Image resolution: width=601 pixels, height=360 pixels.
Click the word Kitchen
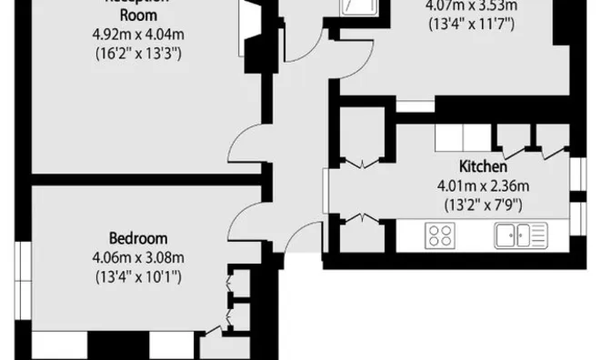click(x=483, y=167)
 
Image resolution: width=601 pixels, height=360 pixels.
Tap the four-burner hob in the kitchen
click(x=441, y=236)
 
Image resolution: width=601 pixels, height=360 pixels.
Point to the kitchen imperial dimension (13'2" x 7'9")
click(x=483, y=204)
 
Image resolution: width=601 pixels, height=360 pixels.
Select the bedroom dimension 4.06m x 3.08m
click(x=137, y=256)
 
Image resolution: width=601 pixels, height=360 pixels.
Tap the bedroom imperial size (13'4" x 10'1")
click(x=137, y=275)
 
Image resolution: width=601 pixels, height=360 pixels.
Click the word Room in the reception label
click(x=138, y=16)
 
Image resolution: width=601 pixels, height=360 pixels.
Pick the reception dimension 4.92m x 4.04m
click(x=138, y=35)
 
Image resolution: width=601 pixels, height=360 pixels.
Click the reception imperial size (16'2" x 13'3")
click(x=138, y=54)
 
